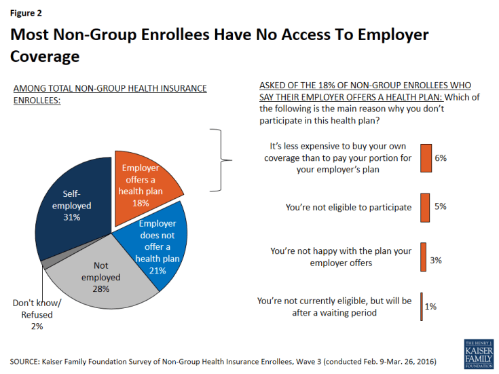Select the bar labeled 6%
pos(426,158)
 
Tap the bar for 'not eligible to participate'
pos(425,206)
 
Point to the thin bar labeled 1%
pos(422,306)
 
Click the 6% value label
pos(441,158)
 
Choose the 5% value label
pos(440,206)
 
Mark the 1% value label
pos(430,306)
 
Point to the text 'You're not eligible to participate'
pos(349,207)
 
